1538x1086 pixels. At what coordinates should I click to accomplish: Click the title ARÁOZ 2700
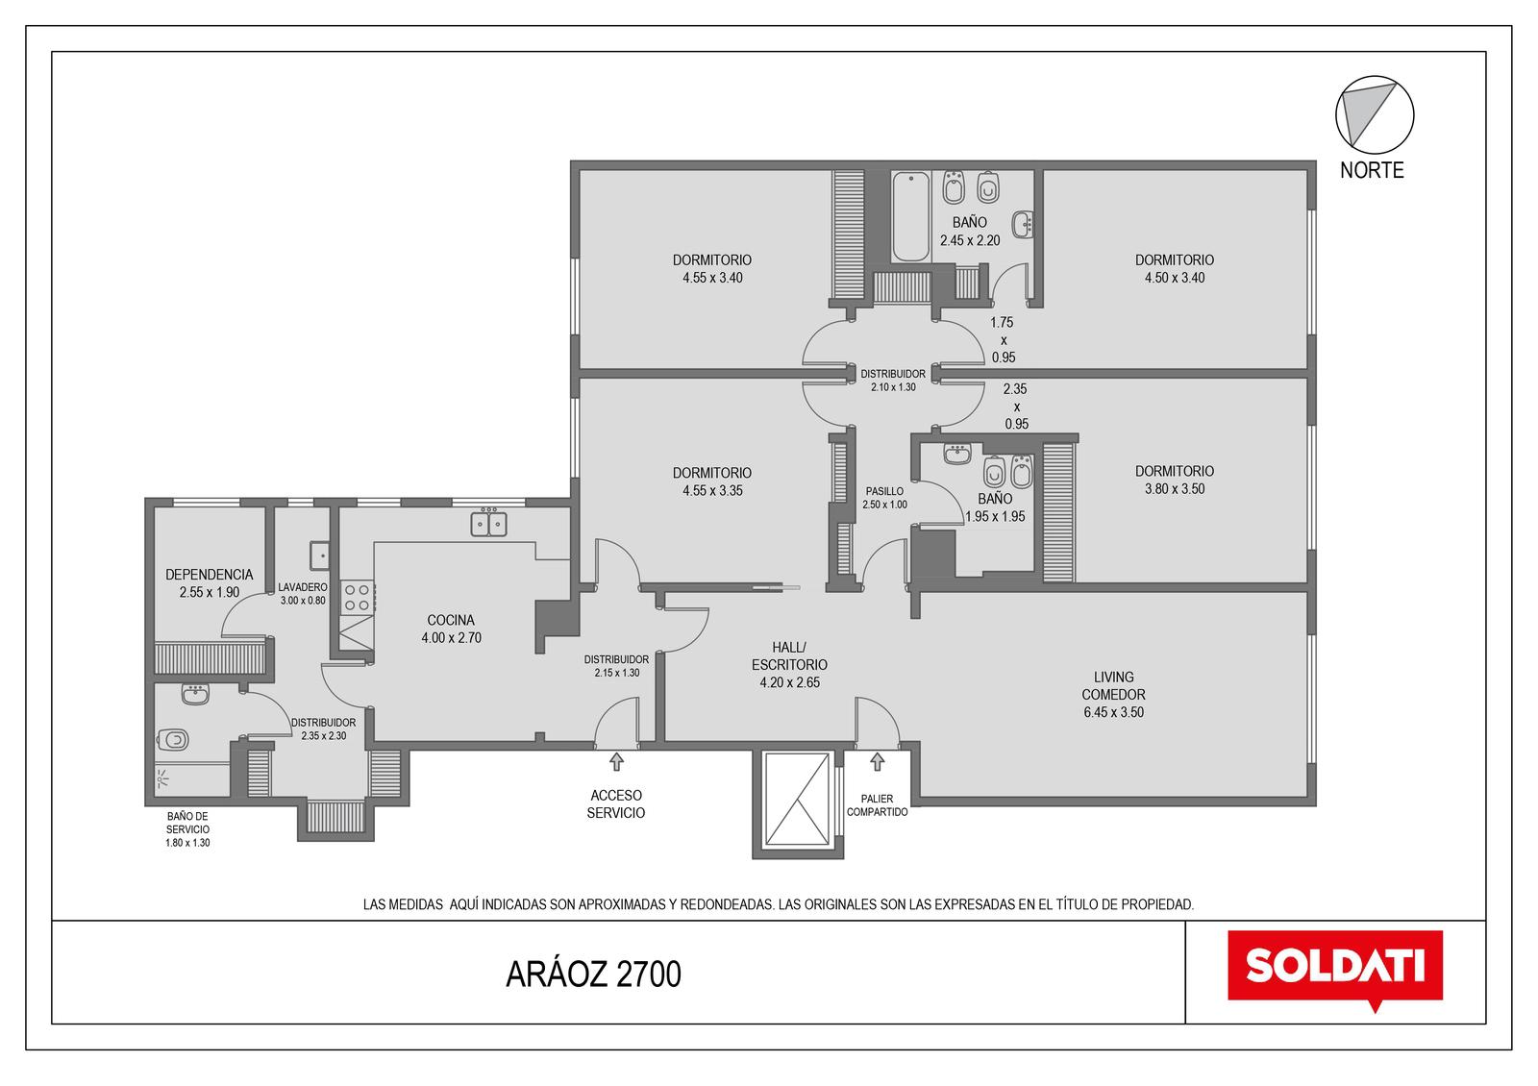pos(593,975)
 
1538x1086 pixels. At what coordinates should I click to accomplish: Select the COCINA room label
pos(451,620)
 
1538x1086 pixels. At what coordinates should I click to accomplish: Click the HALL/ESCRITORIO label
pos(789,656)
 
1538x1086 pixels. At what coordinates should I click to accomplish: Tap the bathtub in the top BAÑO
pos(910,216)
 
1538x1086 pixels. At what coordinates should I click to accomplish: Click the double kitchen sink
pos(488,523)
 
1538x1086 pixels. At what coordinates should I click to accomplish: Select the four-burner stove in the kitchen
pos(357,597)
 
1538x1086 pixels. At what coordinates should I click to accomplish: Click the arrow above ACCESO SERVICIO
pos(616,761)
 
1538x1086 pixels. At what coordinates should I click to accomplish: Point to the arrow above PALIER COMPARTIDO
pos(877,761)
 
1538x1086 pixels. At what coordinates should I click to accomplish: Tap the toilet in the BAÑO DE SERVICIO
pos(173,740)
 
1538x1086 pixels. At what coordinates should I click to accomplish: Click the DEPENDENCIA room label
pos(210,575)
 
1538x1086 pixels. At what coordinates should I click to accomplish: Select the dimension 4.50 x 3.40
pos(1174,278)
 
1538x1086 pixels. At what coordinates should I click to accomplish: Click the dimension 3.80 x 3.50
pos(1174,489)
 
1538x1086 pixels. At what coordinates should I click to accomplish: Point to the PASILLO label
pos(884,491)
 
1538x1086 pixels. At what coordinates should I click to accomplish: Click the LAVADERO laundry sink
pos(319,555)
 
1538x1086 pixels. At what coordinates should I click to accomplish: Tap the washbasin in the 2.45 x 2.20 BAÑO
pos(1023,225)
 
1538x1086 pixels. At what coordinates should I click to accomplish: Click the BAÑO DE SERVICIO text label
pos(187,823)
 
